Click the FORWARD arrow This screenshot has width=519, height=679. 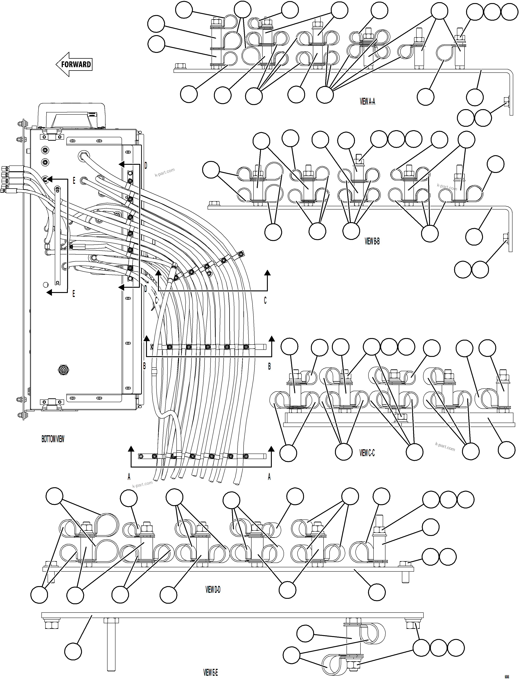[74, 64]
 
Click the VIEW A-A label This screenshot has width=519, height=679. [367, 102]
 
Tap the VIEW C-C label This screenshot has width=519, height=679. [367, 453]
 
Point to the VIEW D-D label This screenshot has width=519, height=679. [213, 590]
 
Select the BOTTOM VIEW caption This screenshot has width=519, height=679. [53, 439]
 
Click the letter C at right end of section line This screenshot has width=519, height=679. [265, 300]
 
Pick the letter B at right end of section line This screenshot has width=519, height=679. [269, 366]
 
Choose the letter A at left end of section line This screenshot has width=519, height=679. [129, 477]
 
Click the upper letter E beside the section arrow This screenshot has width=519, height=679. [74, 181]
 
